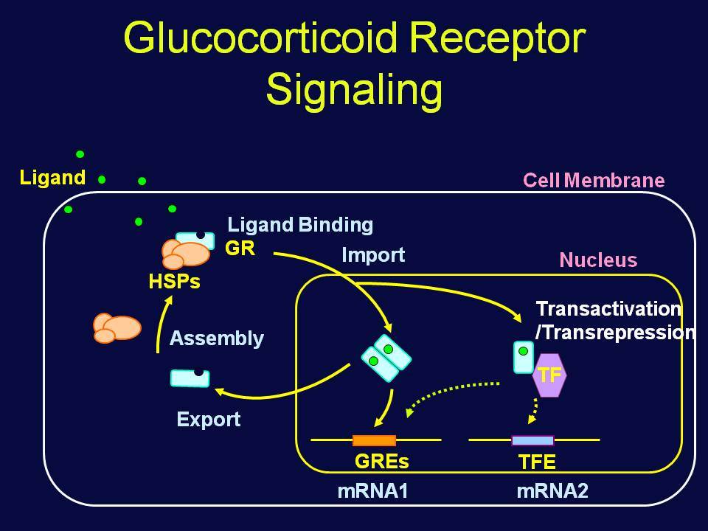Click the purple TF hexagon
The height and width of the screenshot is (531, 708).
[549, 375]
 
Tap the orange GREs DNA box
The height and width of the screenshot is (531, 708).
[374, 440]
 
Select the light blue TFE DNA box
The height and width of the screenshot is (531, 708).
[532, 440]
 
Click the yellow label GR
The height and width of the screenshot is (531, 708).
[240, 249]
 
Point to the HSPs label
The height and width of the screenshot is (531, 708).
[174, 281]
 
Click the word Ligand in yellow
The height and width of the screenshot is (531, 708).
[52, 178]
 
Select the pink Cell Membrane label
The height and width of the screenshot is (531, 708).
[594, 180]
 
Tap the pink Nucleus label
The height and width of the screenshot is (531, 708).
[598, 260]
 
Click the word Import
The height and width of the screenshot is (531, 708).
[373, 255]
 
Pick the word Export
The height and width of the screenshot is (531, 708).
[209, 420]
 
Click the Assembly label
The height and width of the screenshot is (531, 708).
[217, 339]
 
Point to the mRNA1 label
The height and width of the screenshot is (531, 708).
[372, 491]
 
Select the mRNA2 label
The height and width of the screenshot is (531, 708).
[552, 491]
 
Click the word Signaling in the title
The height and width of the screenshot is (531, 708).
[354, 89]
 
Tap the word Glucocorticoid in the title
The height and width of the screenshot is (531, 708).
[260, 37]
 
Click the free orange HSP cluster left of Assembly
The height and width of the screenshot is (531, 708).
[117, 328]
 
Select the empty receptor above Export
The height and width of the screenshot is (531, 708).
[190, 378]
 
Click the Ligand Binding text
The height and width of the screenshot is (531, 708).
[300, 225]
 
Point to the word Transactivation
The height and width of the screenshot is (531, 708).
[608, 309]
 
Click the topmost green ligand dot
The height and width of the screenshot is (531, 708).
[80, 154]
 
